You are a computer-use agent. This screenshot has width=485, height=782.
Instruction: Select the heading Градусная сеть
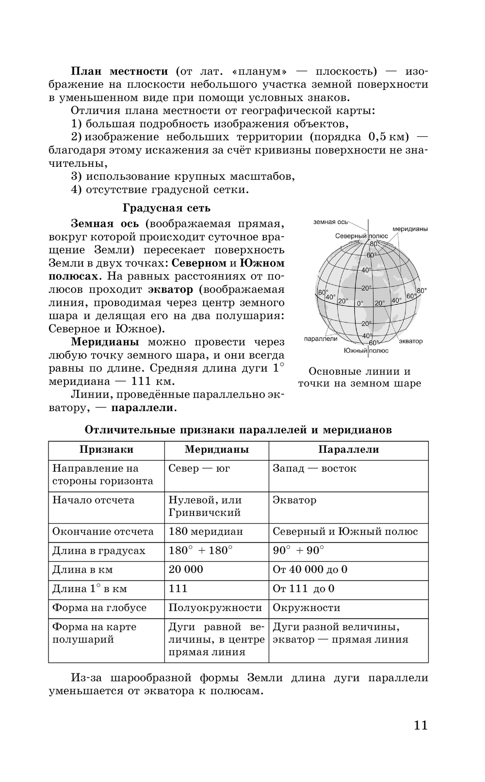pyautogui.click(x=166, y=208)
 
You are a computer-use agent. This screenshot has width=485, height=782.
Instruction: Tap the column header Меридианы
pyautogui.click(x=216, y=449)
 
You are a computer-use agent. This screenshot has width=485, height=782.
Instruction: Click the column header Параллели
pyautogui.click(x=348, y=449)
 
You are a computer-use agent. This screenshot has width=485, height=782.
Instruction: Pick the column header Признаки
pyautogui.click(x=106, y=449)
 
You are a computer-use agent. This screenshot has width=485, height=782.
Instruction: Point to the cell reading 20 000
pyautogui.click(x=186, y=570)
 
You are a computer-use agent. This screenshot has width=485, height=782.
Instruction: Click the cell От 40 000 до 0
pyautogui.click(x=310, y=570)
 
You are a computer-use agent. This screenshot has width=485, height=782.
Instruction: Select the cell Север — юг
pyautogui.click(x=199, y=468)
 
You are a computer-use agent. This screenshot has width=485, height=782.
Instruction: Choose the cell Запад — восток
pyautogui.click(x=314, y=468)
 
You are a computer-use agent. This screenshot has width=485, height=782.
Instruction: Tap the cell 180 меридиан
pyautogui.click(x=206, y=531)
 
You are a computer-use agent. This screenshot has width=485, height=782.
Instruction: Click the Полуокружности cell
pyautogui.click(x=215, y=607)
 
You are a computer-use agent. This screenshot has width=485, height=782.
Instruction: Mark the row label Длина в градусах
pyautogui.click(x=98, y=551)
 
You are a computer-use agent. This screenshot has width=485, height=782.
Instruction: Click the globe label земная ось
pyautogui.click(x=331, y=222)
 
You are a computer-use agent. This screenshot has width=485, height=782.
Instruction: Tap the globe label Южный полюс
pyautogui.click(x=366, y=351)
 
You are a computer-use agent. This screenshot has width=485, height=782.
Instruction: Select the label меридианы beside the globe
pyautogui.click(x=410, y=229)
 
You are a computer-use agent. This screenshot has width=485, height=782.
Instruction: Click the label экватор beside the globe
pyautogui.click(x=411, y=341)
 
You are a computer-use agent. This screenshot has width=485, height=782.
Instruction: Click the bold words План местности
pyautogui.click(x=119, y=71)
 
